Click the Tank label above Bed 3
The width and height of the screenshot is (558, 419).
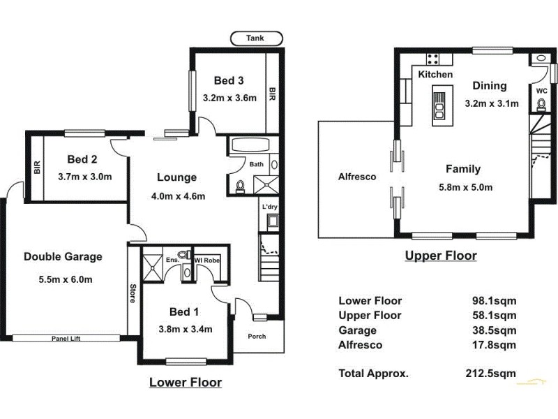point(256,39)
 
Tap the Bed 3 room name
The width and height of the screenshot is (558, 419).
point(229,80)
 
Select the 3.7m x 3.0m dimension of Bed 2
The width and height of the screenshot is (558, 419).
point(85,176)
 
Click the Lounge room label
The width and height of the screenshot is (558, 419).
point(176,177)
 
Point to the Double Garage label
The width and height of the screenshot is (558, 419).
point(63,256)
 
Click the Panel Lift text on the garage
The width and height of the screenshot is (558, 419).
point(66,339)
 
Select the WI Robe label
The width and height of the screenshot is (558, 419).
point(208,260)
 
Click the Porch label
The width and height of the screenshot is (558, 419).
point(257,336)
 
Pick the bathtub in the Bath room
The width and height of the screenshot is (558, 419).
point(250,146)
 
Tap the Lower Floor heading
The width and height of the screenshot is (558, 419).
point(186,382)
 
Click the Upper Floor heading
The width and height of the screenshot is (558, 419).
point(441,256)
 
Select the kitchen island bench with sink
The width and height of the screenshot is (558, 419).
point(440,105)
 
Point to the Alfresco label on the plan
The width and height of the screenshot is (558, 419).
point(357,177)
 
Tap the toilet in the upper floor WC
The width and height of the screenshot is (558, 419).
point(541,105)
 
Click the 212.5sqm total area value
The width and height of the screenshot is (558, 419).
point(494,373)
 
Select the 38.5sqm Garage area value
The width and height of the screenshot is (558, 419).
point(494,330)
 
